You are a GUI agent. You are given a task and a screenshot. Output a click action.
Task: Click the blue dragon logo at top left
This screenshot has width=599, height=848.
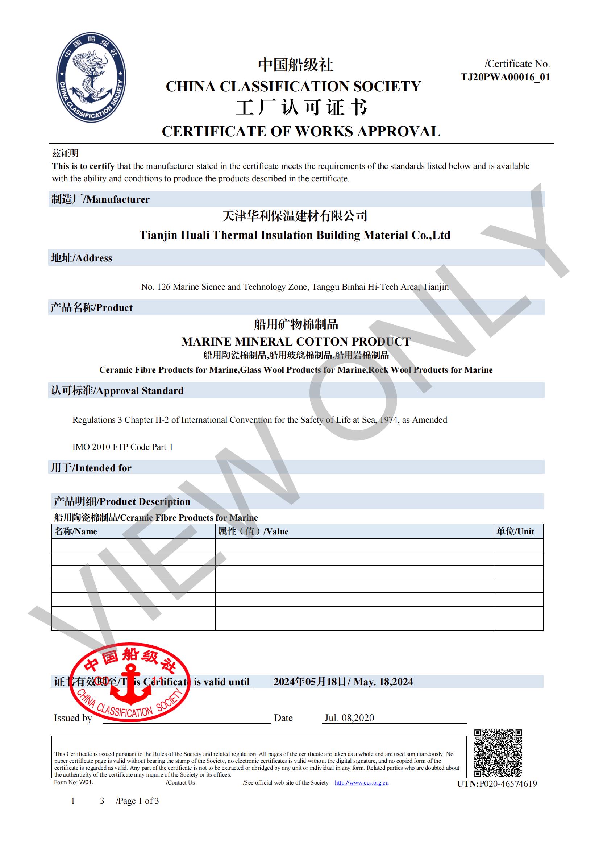(91, 77)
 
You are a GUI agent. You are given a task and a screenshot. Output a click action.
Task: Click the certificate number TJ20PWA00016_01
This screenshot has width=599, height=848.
(505, 77)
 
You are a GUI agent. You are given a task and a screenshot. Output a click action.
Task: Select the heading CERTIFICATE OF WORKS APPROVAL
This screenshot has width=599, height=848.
(301, 132)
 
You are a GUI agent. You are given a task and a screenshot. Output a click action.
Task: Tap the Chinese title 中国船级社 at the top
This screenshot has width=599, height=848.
(295, 65)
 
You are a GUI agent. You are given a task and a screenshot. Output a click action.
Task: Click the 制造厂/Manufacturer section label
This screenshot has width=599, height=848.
(100, 199)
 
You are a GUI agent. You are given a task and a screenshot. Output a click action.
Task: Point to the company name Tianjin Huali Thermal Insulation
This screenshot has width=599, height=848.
(295, 235)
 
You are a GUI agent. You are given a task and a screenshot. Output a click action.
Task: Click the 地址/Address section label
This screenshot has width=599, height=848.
(82, 258)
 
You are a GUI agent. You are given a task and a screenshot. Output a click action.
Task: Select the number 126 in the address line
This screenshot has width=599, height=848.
(163, 287)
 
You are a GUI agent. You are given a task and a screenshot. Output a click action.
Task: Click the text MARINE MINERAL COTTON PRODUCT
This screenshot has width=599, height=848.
(296, 341)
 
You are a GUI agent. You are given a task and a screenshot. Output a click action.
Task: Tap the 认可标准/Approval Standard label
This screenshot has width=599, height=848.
(117, 391)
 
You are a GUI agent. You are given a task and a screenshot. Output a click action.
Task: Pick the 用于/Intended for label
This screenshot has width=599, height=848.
(91, 468)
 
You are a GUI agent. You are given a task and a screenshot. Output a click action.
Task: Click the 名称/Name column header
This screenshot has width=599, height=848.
(76, 531)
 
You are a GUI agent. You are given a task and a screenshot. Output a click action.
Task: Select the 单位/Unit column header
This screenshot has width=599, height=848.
(515, 531)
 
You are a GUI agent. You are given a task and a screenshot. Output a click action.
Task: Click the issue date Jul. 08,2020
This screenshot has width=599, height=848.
(349, 718)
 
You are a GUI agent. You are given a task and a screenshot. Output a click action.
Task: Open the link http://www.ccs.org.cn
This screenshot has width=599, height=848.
(361, 783)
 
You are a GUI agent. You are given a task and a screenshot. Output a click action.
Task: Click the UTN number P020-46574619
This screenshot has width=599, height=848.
(508, 784)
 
